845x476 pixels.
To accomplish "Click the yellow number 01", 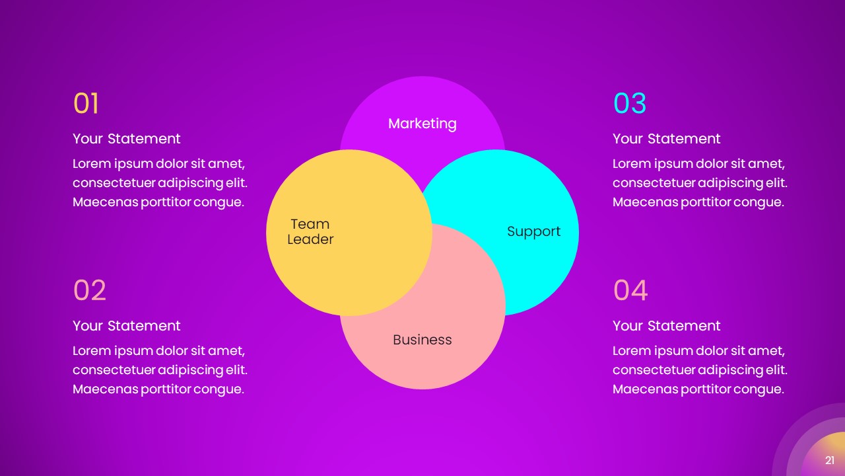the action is point(86,103).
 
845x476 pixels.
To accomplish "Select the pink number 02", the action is point(90,290).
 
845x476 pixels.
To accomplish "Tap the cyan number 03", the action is point(630,103).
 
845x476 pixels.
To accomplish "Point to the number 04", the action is point(630,290).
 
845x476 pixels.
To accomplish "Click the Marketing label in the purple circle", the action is point(422,124).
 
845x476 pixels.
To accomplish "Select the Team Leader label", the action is point(310,231).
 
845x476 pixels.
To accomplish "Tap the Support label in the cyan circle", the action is point(534,231).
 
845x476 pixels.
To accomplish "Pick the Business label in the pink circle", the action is point(422,340).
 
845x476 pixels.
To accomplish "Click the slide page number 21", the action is point(830,460).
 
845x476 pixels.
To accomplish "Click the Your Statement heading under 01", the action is point(126,139).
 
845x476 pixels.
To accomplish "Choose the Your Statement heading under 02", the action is point(126,326).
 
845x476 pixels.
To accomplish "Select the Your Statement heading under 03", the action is point(667,139).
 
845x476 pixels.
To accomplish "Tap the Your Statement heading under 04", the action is point(667,326).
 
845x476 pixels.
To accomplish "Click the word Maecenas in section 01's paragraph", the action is point(105,202).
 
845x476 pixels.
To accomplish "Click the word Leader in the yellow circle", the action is point(310,239).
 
